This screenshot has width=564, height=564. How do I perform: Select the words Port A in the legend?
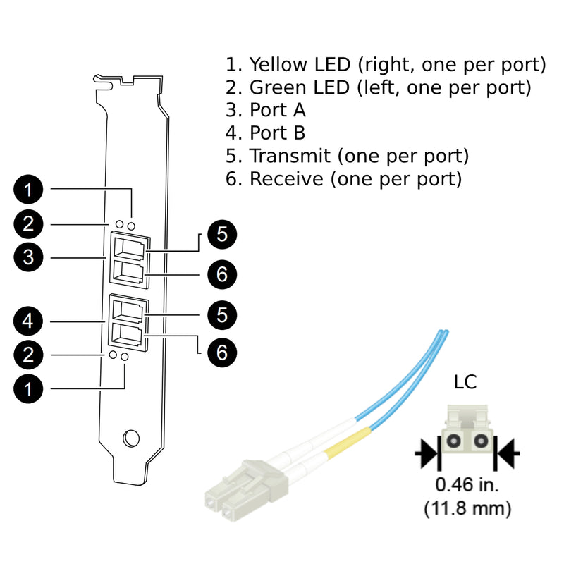(278, 111)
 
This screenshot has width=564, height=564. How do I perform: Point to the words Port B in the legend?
(278, 133)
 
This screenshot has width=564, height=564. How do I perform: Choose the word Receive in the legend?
(286, 178)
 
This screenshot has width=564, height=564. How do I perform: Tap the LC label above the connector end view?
(465, 382)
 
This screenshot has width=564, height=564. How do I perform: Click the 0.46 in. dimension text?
(466, 485)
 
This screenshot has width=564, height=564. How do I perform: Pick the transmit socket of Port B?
(127, 310)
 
